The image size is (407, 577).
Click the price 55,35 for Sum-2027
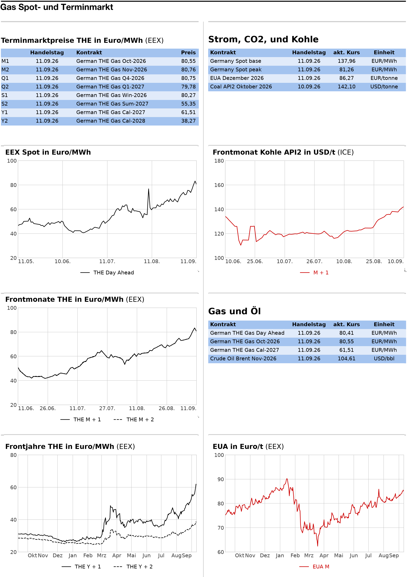coord(188,104)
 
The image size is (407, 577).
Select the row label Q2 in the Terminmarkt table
coord(5,87)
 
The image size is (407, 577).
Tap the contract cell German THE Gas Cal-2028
coord(111,121)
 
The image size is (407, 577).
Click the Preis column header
coord(188,53)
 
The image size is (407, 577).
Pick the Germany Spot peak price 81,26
coord(347,70)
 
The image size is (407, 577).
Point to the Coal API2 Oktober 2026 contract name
coord(241,87)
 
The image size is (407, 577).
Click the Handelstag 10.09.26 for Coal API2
coord(309,87)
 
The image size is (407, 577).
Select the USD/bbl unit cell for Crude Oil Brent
coord(384,359)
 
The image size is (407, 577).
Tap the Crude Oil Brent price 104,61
coord(347,359)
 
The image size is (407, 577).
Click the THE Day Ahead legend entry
coord(107,273)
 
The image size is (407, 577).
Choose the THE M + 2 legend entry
coord(134,420)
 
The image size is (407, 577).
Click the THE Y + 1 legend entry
coord(81,567)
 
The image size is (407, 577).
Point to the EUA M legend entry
coord(314,567)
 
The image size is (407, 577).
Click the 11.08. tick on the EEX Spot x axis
coord(152,261)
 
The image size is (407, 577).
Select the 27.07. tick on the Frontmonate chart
coord(107,408)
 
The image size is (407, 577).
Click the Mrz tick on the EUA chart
coord(309,555)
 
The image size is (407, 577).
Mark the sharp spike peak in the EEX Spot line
coord(148,189)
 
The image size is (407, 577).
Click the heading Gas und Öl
coord(234,311)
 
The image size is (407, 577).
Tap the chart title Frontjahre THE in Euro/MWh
coord(60,447)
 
